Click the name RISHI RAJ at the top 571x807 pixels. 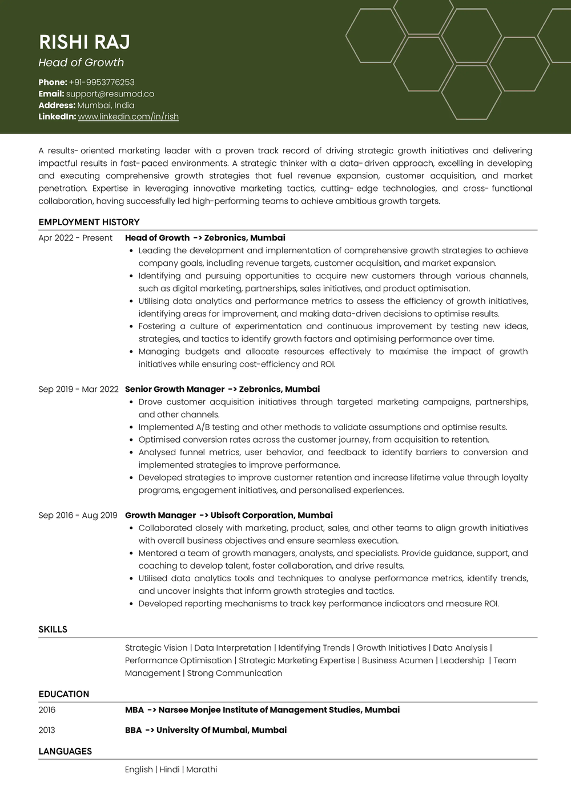tap(85, 42)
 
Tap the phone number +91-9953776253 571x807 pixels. tap(102, 82)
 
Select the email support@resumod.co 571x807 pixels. tap(110, 94)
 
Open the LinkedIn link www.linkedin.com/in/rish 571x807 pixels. tap(128, 116)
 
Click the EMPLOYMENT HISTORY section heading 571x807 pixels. tap(89, 222)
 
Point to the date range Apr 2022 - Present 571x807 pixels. tap(75, 238)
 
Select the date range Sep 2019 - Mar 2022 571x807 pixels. tap(78, 389)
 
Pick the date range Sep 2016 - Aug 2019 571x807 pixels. tap(78, 515)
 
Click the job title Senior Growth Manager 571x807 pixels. tap(175, 389)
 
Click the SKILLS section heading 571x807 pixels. tap(53, 629)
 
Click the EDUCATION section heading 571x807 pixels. tap(64, 694)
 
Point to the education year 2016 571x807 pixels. tap(47, 709)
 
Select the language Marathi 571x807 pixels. tap(202, 769)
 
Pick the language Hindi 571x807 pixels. tap(170, 769)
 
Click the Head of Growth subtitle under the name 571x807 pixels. tap(81, 63)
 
